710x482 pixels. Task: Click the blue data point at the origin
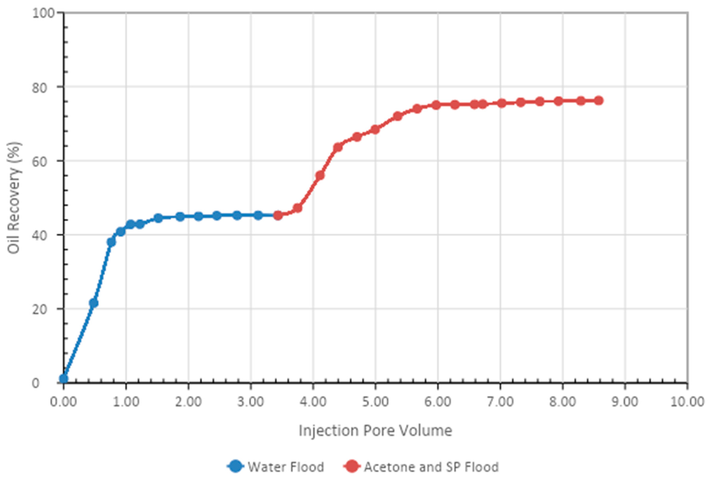click(x=64, y=379)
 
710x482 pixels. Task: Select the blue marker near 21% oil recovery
click(x=93, y=303)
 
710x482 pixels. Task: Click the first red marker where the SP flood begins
click(x=278, y=216)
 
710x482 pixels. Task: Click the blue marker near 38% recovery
click(x=111, y=242)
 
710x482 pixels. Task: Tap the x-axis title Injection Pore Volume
click(x=375, y=431)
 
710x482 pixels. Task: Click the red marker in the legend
click(x=352, y=466)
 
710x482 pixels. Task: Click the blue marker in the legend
click(x=236, y=466)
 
